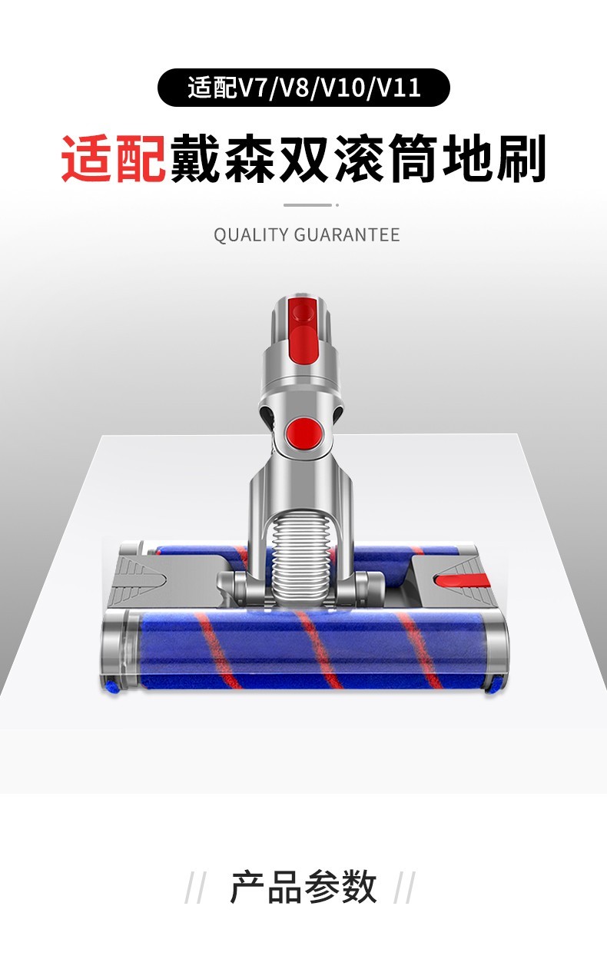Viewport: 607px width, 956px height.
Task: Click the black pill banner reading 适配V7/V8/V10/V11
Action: click(303, 88)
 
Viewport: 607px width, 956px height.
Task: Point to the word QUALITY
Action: click(251, 234)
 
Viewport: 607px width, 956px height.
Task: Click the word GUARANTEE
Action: click(347, 234)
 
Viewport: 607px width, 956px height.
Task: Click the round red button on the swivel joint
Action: click(304, 433)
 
